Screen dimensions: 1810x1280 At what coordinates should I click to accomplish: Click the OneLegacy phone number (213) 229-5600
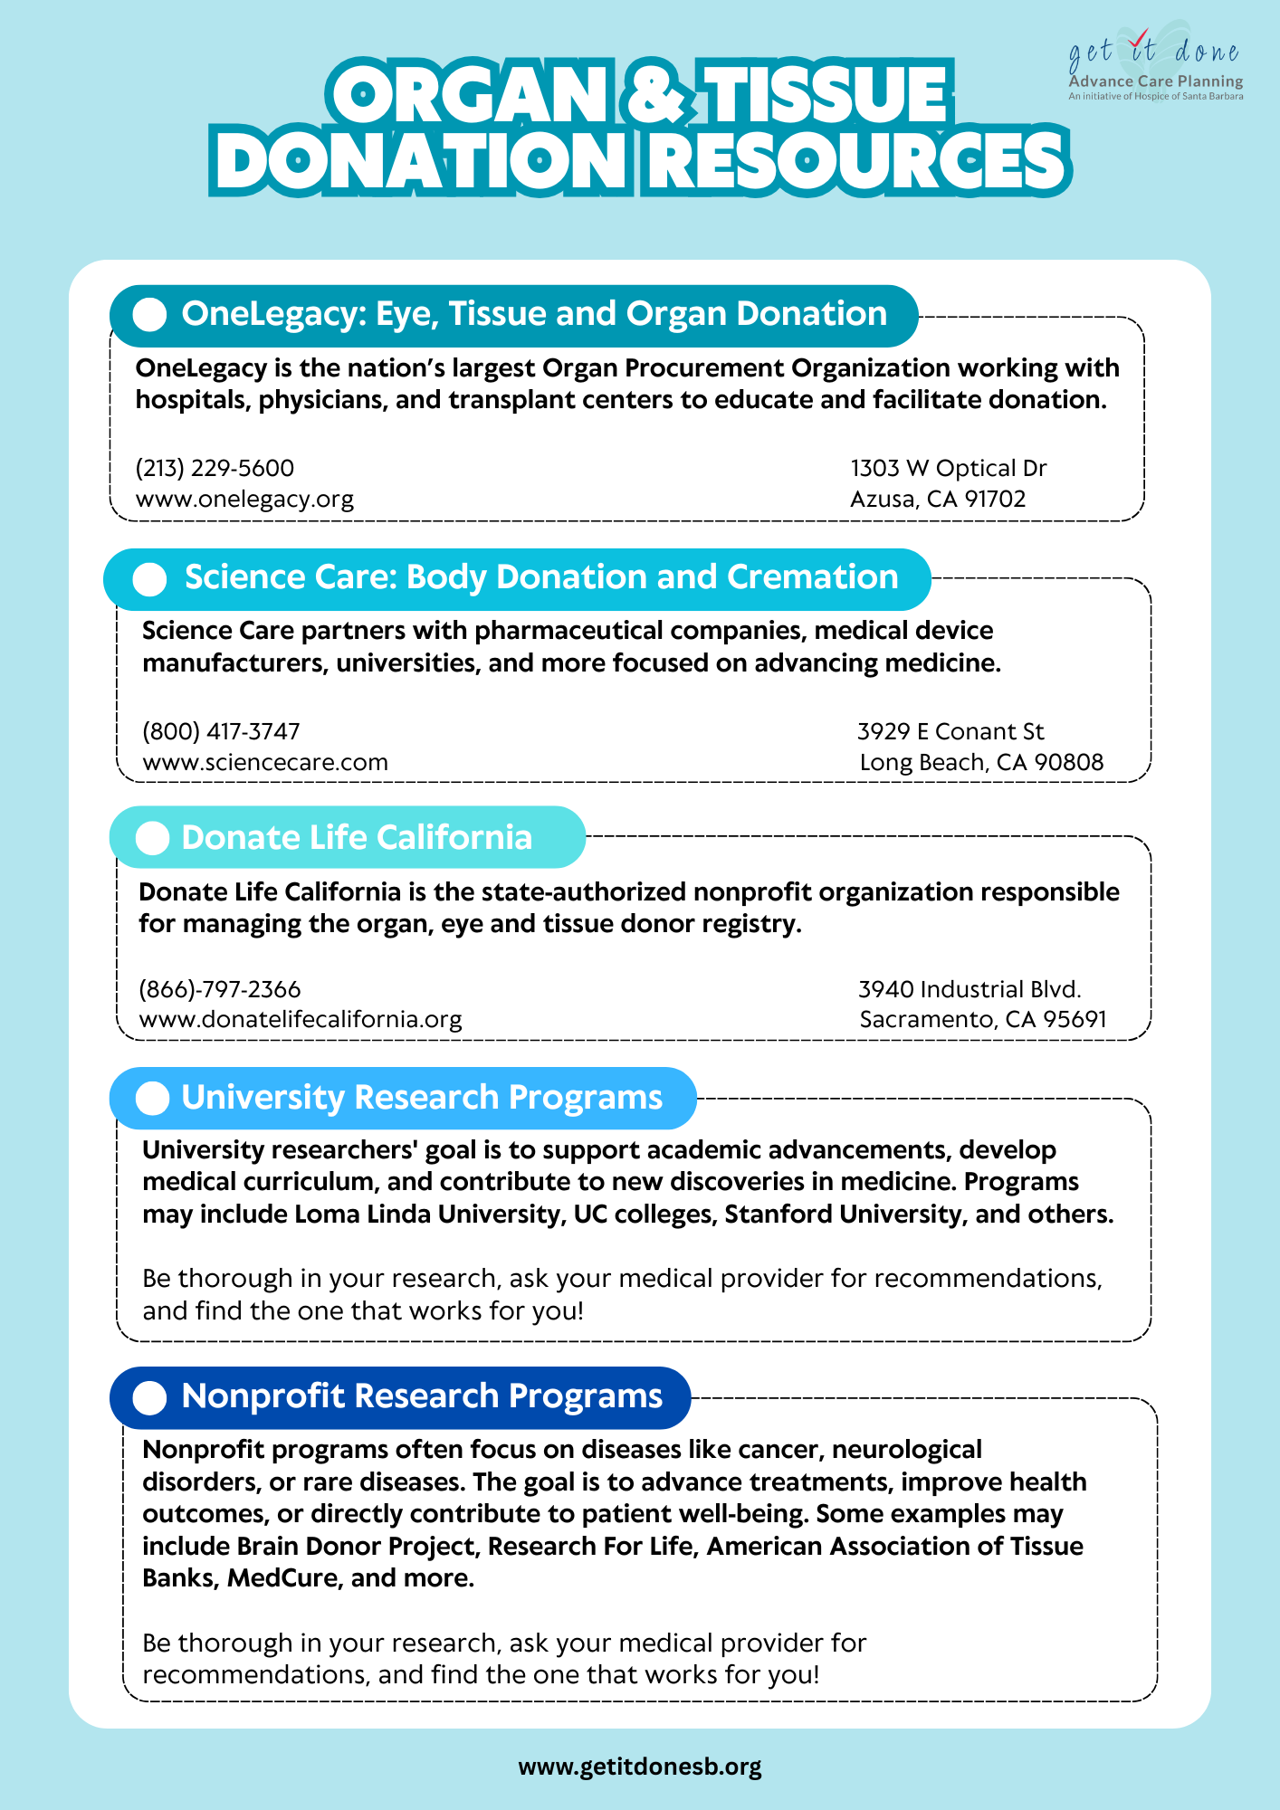coord(215,468)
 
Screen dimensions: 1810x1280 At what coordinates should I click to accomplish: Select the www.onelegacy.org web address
coord(244,499)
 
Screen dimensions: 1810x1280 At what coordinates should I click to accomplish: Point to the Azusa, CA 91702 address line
coord(938,499)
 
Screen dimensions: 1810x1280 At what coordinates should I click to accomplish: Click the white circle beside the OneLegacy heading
coord(149,315)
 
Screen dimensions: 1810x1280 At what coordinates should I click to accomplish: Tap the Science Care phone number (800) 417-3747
coord(221,731)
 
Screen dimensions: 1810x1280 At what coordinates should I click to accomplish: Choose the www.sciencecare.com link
coord(265,762)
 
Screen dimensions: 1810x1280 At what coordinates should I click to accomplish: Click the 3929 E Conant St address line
coord(950,731)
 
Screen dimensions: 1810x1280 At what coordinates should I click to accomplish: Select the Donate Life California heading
coord(357,837)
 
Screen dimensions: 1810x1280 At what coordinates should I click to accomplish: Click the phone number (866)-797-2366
coord(220,989)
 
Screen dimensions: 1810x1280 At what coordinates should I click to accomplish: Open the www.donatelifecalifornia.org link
coord(301,1019)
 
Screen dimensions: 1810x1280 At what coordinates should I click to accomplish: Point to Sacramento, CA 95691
coord(983,1019)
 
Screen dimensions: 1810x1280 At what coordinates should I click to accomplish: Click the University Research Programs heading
coord(422,1097)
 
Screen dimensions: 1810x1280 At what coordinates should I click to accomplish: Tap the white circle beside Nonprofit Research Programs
coord(149,1397)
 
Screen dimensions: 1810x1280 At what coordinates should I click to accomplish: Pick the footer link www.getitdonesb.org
coord(640,1766)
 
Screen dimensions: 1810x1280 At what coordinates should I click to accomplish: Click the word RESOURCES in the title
coord(856,161)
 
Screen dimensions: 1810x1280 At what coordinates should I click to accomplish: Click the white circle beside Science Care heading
coord(149,579)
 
